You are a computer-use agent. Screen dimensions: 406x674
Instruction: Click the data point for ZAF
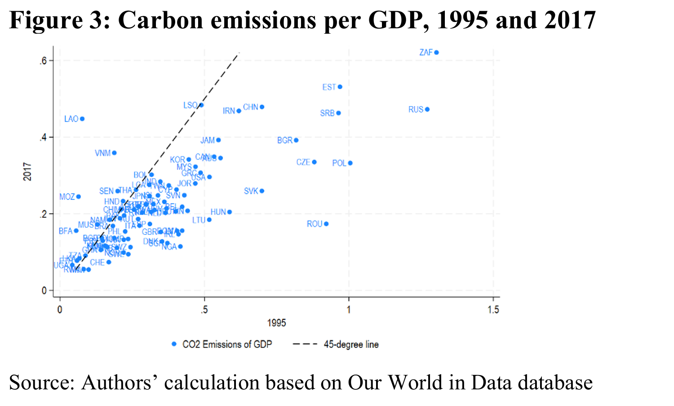436,53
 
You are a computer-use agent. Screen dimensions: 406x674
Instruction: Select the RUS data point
427,110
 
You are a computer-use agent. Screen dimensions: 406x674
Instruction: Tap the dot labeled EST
340,87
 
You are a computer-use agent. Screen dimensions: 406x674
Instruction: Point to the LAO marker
82,119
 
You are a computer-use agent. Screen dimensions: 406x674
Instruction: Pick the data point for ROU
326,224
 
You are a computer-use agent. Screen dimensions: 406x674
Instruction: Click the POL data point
350,163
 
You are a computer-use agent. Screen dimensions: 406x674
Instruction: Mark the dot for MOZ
78,197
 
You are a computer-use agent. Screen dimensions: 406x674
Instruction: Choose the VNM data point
114,153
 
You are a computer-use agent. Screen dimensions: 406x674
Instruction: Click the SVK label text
251,191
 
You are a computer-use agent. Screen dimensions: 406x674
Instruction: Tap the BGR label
284,141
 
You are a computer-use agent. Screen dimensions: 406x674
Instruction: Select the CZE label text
303,162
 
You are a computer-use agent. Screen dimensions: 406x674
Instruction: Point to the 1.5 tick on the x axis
493,310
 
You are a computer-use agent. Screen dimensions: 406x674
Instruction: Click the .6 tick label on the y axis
44,61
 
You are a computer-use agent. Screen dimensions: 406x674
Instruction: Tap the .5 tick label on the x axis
204,310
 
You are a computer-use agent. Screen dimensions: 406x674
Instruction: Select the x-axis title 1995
276,323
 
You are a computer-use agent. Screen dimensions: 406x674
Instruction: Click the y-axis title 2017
28,172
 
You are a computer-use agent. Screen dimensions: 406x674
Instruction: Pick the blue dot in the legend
174,344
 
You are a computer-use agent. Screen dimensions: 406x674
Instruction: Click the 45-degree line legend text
351,344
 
